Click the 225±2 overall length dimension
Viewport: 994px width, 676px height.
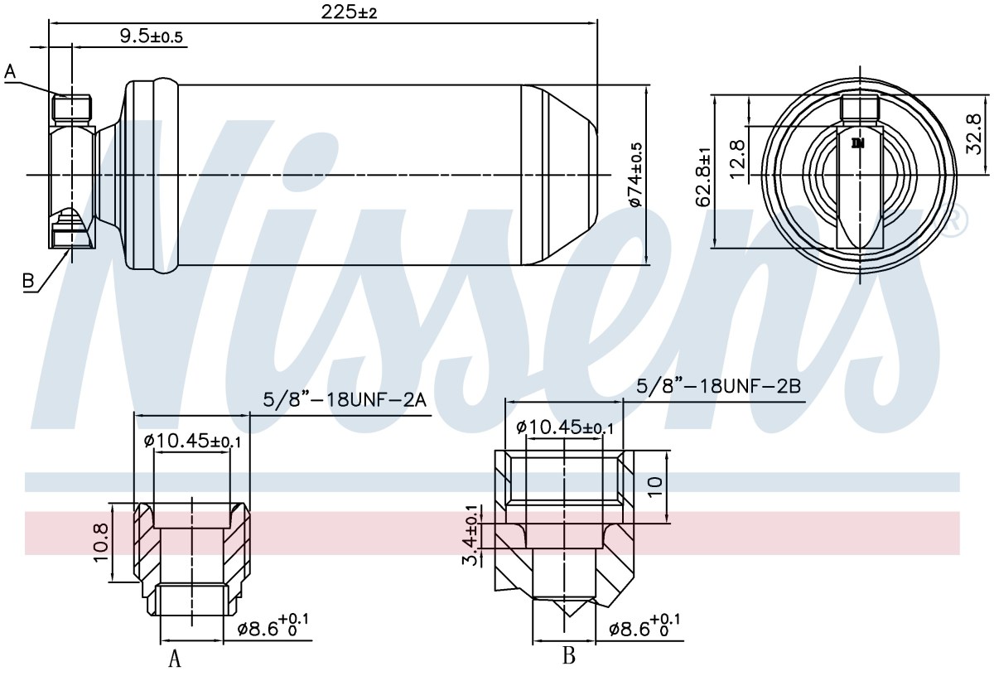click(349, 12)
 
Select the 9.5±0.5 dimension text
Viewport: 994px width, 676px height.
click(152, 36)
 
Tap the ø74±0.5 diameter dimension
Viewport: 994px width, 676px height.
click(636, 174)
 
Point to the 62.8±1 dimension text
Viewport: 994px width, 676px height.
click(703, 177)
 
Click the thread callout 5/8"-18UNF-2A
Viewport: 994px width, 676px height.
click(345, 400)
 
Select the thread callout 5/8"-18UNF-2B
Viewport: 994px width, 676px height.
click(718, 386)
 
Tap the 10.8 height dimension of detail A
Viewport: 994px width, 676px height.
click(101, 543)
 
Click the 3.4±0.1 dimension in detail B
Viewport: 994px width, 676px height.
click(470, 536)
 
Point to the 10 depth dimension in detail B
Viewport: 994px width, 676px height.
click(655, 487)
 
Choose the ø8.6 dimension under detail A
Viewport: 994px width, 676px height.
click(273, 625)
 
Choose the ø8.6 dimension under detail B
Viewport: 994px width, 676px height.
click(644, 625)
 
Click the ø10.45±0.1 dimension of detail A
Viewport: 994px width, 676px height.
click(192, 441)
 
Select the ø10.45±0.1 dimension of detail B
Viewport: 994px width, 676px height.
click(565, 427)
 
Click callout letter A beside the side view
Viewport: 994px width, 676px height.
click(10, 71)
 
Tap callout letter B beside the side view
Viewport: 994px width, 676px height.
click(28, 281)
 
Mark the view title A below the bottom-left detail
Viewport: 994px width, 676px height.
click(175, 658)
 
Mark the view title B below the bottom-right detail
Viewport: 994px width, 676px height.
click(569, 654)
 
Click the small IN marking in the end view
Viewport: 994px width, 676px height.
click(858, 143)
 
